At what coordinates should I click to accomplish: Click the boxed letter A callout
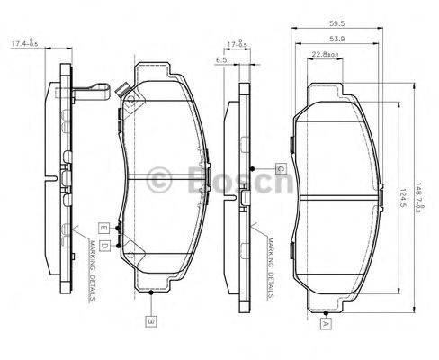click(x=327, y=321)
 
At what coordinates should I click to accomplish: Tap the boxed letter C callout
click(x=280, y=168)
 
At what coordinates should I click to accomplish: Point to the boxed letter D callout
click(x=105, y=245)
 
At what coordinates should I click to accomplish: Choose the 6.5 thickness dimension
click(x=221, y=60)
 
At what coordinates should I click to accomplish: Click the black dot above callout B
click(x=152, y=293)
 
